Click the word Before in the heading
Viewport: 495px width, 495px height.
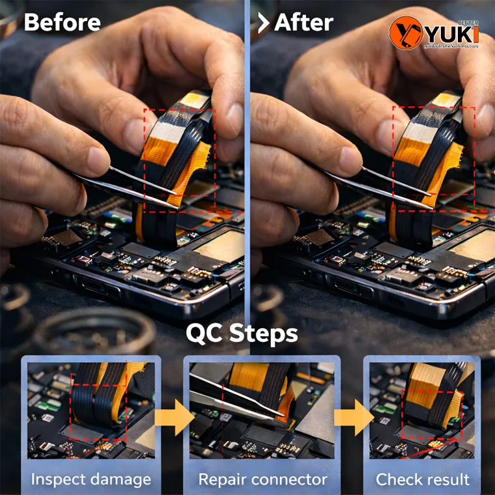point(62,23)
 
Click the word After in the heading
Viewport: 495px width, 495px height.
point(304,23)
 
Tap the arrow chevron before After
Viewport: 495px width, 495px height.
point(263,23)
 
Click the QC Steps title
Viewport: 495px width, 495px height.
point(242,333)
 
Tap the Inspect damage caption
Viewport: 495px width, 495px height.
point(91,480)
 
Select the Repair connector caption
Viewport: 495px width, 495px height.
point(262,480)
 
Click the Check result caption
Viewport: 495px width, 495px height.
point(422,480)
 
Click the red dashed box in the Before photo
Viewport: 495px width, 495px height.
point(179,160)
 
